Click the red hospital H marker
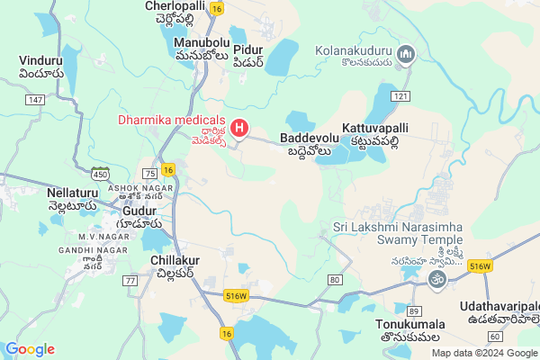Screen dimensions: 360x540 (238, 129)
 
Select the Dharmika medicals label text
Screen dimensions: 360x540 (171, 120)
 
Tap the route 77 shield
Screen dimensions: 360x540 (130, 281)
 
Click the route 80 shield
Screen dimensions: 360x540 (335, 280)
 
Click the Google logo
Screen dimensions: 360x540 (30, 348)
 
